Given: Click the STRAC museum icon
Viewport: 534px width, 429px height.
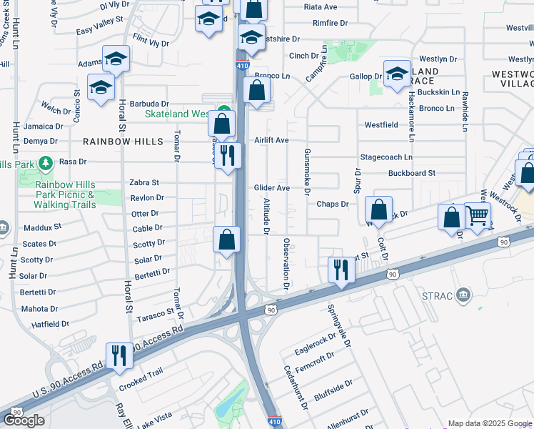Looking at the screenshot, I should click(x=464, y=295).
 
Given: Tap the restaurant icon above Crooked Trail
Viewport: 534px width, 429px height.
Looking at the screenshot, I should click(x=119, y=355).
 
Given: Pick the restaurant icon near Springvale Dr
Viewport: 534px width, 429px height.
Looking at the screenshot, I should click(x=341, y=269).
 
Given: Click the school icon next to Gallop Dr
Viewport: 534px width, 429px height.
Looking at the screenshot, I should click(x=396, y=73).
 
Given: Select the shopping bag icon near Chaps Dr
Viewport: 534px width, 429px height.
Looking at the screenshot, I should click(x=378, y=209).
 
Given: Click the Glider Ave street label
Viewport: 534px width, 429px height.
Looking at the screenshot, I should click(x=272, y=188).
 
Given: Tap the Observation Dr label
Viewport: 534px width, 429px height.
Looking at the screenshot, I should click(x=286, y=264).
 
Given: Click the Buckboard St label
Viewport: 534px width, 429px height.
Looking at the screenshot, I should click(x=411, y=173).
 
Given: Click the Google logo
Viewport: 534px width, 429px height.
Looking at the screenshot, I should click(x=24, y=420).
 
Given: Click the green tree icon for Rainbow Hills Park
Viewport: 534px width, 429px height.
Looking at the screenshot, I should click(x=46, y=163).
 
